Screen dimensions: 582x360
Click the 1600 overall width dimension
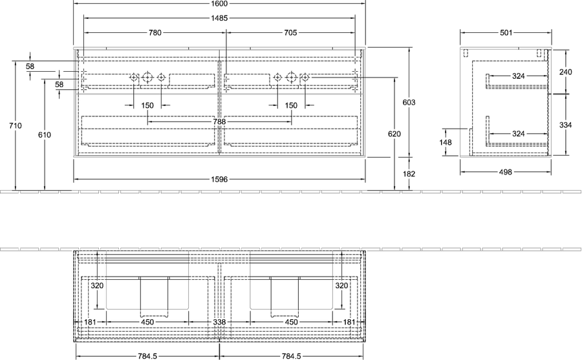(219, 4)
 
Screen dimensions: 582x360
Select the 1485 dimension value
(219, 18)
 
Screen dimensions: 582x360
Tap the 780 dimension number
(155, 33)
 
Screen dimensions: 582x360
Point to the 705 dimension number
(290, 33)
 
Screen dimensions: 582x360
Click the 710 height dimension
(16, 126)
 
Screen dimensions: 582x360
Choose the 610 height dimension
(44, 134)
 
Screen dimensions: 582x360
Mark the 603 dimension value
(409, 102)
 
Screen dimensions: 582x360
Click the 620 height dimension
(394, 134)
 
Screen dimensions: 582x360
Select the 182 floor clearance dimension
(409, 174)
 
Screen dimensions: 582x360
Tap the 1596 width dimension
(219, 180)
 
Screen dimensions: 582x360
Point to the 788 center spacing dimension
(219, 122)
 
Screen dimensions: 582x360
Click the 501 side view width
(506, 33)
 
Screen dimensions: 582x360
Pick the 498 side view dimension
(506, 172)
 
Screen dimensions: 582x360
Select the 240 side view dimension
(566, 72)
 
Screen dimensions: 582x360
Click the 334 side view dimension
(566, 125)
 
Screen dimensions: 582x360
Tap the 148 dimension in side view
(446, 142)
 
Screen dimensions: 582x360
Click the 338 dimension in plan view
(219, 322)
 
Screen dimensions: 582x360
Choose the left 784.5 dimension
(147, 356)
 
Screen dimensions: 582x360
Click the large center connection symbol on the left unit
(147, 77)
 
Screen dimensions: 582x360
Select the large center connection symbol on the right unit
(292, 77)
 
